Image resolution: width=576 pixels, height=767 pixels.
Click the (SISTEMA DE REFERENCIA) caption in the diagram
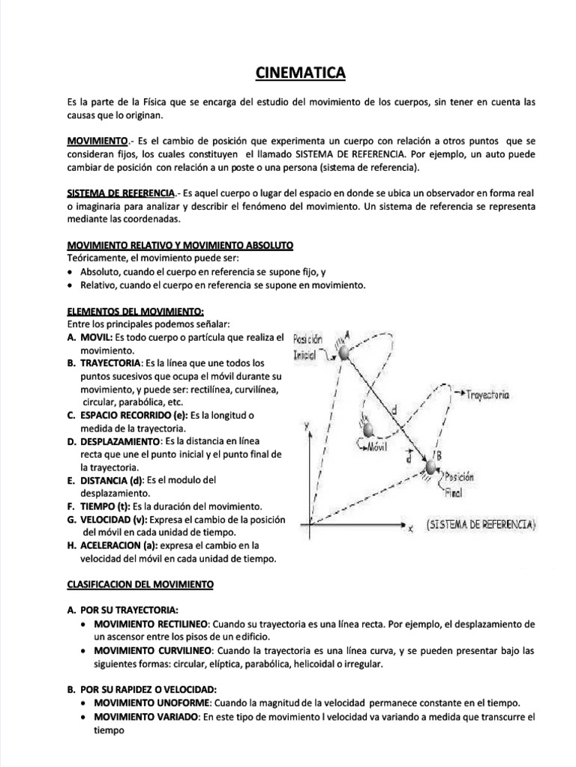pos(481,525)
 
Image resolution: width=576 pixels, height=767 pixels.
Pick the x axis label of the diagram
pos(412,529)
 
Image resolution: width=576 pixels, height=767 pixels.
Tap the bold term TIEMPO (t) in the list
pos(102,506)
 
